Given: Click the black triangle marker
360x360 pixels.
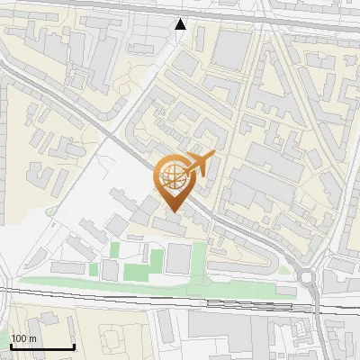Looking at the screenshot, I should [181, 24].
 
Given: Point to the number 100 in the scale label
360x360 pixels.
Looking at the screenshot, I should [19, 338].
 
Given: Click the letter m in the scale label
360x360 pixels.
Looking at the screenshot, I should [32, 338].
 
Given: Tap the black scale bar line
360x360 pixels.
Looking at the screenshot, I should [42, 346].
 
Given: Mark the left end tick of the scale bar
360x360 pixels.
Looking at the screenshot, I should [11, 345].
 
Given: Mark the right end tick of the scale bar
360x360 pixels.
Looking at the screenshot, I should [74, 345].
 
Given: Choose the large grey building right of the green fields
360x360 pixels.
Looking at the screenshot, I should [178, 259].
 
